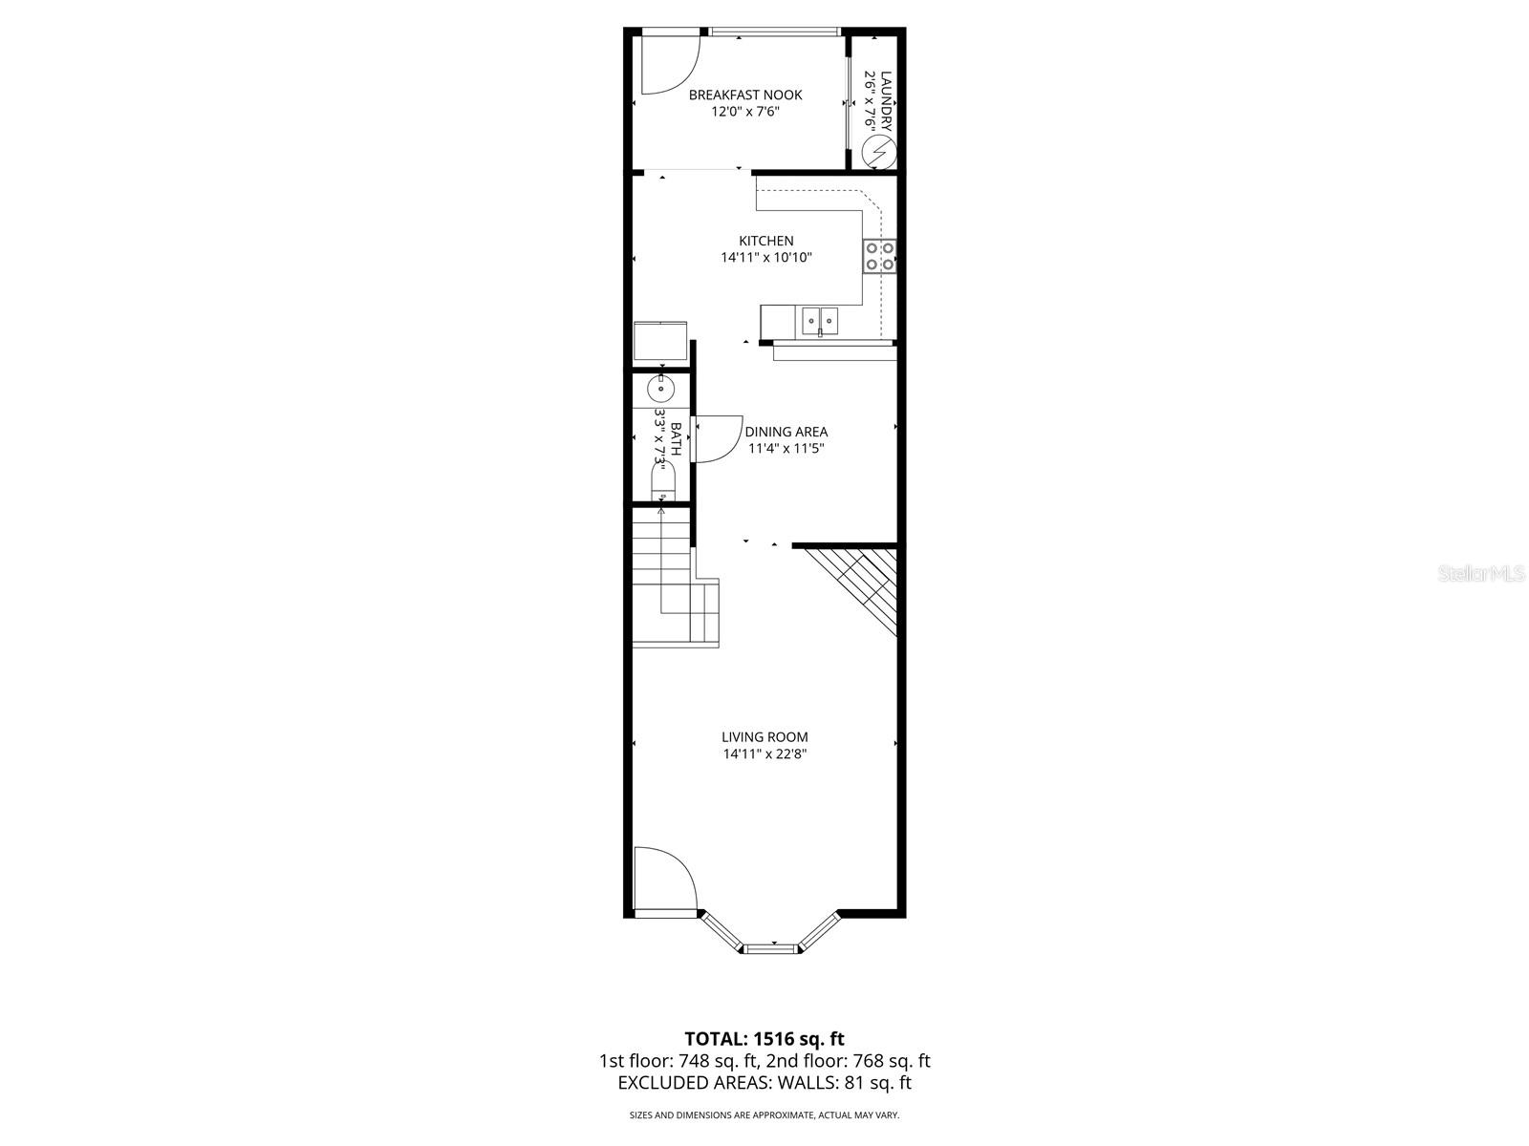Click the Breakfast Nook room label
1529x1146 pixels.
(x=745, y=95)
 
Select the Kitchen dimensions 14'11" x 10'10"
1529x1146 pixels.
(x=766, y=257)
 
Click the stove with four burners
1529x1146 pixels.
(x=880, y=255)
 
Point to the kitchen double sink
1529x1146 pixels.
(x=820, y=320)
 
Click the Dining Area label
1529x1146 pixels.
(x=786, y=432)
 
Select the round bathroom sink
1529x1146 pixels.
(x=660, y=390)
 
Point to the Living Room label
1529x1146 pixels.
(x=764, y=736)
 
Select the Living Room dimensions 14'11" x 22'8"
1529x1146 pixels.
(x=764, y=753)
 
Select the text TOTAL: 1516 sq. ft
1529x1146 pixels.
(x=764, y=1039)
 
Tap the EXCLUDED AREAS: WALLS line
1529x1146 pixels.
(x=764, y=1082)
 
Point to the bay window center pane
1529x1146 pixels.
(x=770, y=948)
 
